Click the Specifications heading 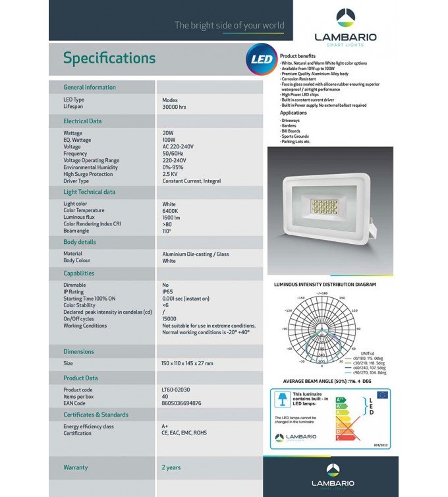pyautogui.click(x=109, y=58)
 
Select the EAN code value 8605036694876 pyautogui.click(x=182, y=403)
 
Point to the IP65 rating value pyautogui.click(x=168, y=291)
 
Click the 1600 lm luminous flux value pyautogui.click(x=171, y=217)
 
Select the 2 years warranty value pyautogui.click(x=171, y=467)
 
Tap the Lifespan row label pyautogui.click(x=73, y=106)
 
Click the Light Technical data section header pyautogui.click(x=89, y=192)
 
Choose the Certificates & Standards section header pyautogui.click(x=96, y=415)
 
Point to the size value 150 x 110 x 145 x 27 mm pyautogui.click(x=187, y=363)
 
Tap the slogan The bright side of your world pyautogui.click(x=229, y=26)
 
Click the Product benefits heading pyautogui.click(x=298, y=56)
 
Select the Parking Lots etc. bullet pyautogui.click(x=296, y=142)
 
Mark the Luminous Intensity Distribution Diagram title pyautogui.click(x=325, y=285)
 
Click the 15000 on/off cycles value pyautogui.click(x=169, y=318)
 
